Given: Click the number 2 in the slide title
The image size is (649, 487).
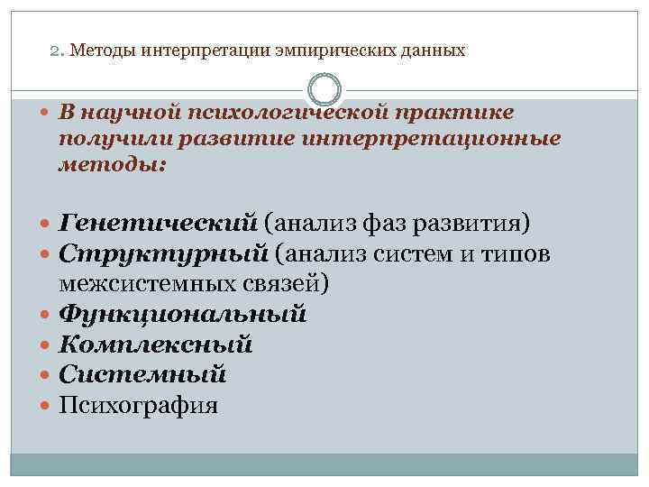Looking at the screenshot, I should click(x=53, y=51).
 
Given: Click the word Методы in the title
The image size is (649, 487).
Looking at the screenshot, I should click(x=97, y=51).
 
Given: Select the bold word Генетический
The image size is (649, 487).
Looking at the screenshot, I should click(x=159, y=222).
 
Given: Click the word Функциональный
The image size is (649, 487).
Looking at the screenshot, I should click(x=183, y=315).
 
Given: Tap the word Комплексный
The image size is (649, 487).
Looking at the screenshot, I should click(x=156, y=345).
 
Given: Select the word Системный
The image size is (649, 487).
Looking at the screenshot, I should click(x=142, y=374).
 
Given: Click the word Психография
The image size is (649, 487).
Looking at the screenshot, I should click(x=138, y=405).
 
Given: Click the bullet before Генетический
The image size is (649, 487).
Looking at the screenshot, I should click(x=45, y=223).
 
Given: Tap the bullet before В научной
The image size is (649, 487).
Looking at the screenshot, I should click(x=45, y=113).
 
